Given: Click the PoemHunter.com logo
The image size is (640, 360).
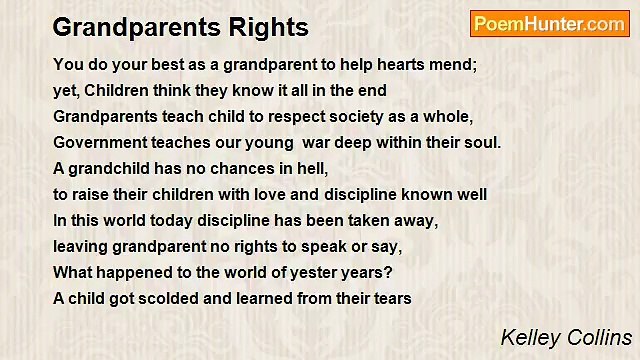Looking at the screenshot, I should click(x=549, y=24).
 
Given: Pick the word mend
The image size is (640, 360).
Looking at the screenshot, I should click(x=458, y=64).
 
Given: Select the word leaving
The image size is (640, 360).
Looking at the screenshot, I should click(x=80, y=246).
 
